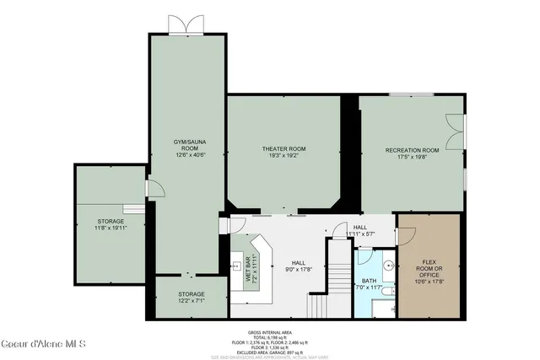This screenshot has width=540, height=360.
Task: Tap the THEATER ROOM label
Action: (283, 153)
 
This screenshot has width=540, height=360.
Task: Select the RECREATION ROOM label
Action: (413, 153)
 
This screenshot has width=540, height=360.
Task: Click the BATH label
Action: (370, 285)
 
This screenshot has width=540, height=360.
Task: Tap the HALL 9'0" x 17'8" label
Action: (298, 266)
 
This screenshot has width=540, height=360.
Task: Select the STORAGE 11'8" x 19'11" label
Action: (110, 224)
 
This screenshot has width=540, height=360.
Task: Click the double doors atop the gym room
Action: (186, 24)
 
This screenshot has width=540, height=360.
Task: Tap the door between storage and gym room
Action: (152, 190)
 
